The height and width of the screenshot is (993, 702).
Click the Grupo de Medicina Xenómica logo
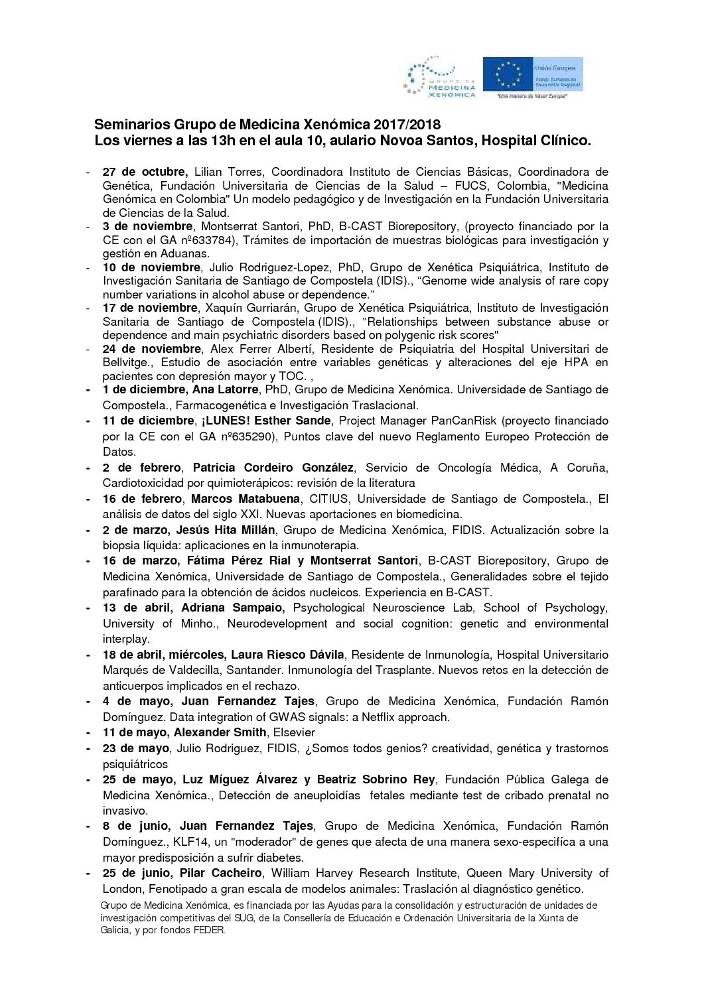pos(440,78)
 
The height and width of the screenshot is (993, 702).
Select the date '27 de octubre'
pos(145,172)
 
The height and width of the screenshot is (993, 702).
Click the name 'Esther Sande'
pos(302,421)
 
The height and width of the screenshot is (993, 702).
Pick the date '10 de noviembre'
pos(151,267)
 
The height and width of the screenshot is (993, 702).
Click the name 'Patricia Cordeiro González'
pos(273,468)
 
